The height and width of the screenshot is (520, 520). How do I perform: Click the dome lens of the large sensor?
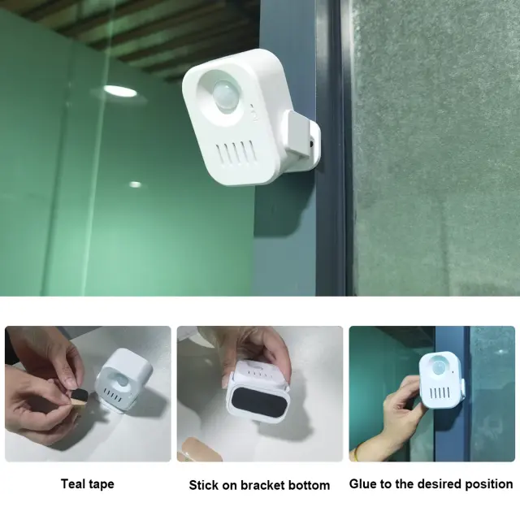click(224, 93)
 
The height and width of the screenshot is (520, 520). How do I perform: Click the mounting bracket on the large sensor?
click(301, 140)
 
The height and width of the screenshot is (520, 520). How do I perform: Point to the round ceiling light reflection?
click(119, 91)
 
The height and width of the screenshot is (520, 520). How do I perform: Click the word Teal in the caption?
click(73, 484)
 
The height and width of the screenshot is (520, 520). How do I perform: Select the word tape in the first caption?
click(101, 484)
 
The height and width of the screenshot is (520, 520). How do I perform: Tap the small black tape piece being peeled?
click(80, 395)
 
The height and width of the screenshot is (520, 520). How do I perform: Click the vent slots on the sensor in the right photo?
click(440, 393)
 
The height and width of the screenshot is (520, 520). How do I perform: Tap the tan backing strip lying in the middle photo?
click(199, 449)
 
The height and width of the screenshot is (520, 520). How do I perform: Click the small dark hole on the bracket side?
click(312, 144)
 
